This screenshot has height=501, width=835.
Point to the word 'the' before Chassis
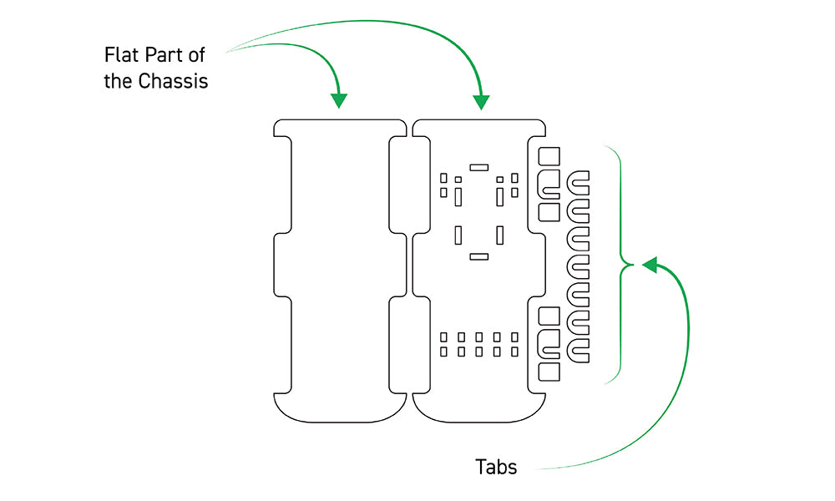(x=119, y=83)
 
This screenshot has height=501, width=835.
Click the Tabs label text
(x=496, y=467)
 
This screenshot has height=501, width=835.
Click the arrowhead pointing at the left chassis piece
(x=338, y=101)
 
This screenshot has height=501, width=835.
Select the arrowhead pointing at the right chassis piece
(x=481, y=102)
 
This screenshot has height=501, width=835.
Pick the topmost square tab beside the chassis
(x=549, y=156)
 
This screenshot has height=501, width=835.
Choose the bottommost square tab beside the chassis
(x=549, y=372)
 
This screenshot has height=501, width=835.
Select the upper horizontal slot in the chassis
(x=478, y=167)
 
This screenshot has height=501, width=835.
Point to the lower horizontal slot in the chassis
(x=478, y=256)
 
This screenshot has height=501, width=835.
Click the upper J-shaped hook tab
(x=551, y=185)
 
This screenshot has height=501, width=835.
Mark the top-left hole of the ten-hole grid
(x=443, y=337)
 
